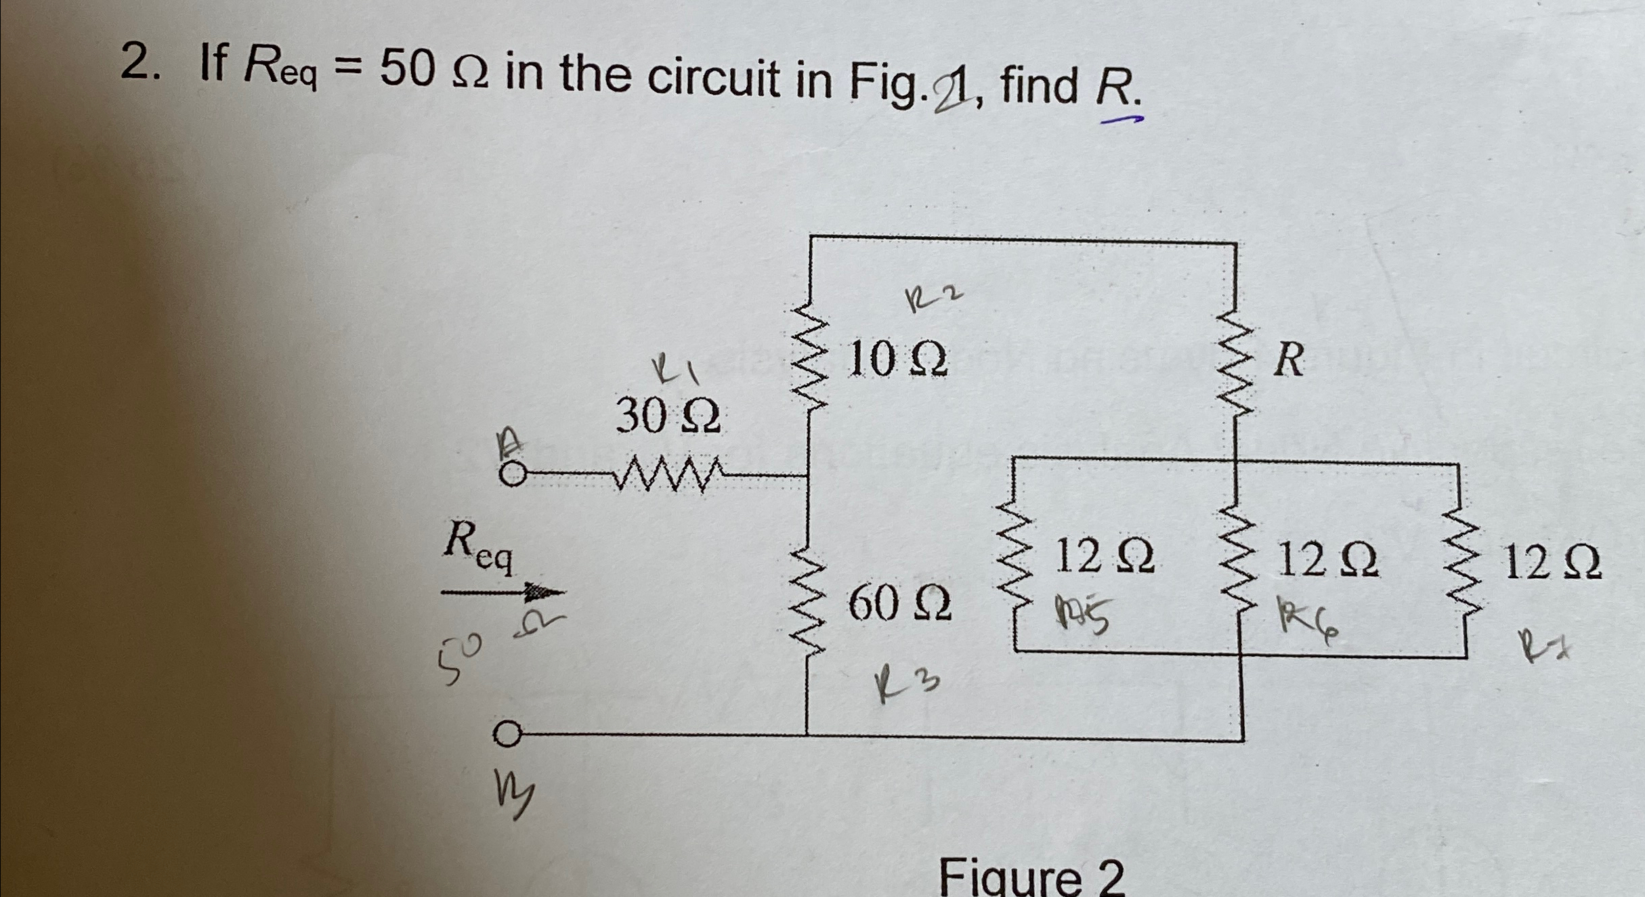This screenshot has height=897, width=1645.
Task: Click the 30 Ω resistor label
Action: (x=668, y=416)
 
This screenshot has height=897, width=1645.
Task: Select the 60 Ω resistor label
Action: (x=899, y=603)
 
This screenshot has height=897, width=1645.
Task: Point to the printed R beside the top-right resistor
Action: (x=1288, y=359)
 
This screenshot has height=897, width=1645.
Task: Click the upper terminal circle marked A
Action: (x=513, y=474)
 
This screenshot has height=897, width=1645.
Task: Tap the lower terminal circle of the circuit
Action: (x=507, y=735)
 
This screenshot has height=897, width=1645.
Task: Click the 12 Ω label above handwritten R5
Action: (x=1105, y=557)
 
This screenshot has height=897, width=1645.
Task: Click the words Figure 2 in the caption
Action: (x=1031, y=877)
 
